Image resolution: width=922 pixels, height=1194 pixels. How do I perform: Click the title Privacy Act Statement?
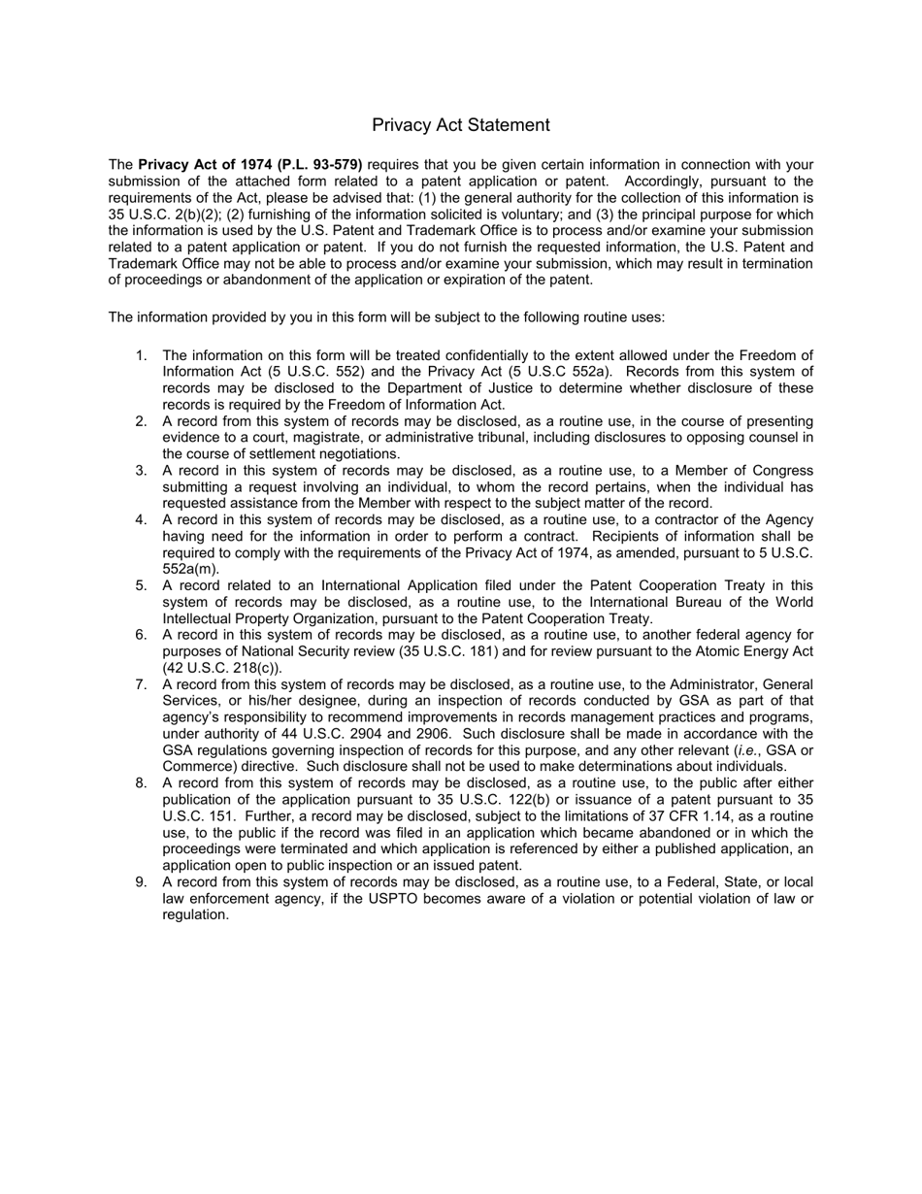point(460,125)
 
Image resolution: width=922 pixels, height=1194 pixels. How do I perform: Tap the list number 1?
point(141,355)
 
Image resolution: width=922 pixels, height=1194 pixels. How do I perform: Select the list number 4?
point(141,519)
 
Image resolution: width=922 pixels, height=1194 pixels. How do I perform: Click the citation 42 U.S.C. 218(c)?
point(222,668)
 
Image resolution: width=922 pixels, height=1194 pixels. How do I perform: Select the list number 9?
point(141,882)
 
